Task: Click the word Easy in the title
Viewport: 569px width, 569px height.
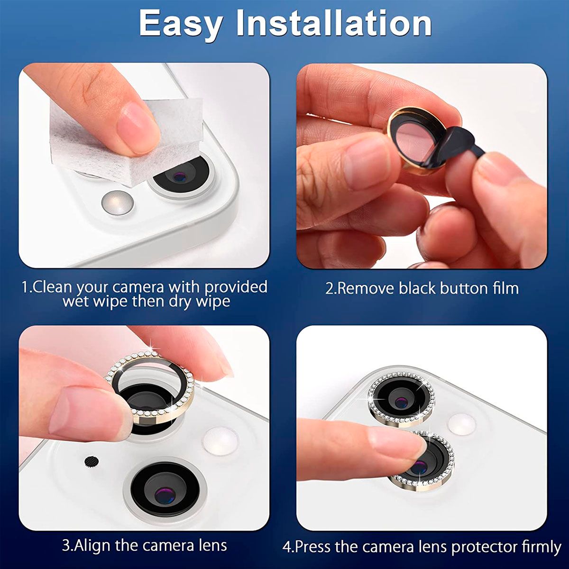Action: (181, 24)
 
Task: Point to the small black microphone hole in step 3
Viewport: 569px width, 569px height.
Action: (90, 460)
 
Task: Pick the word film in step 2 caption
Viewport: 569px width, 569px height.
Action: (505, 288)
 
